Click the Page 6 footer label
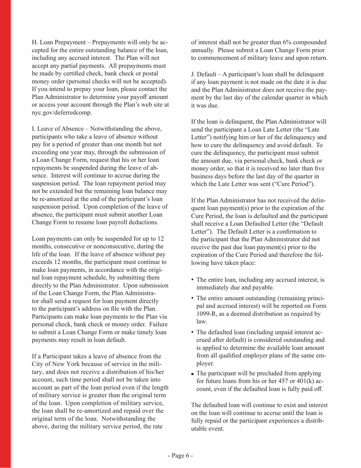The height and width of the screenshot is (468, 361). [x=180, y=455]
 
